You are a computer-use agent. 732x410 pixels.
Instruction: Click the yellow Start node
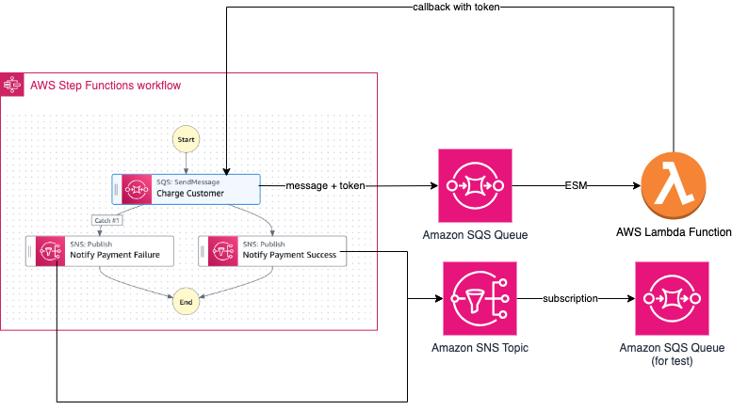click(186, 139)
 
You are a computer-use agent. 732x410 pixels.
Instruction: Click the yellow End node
click(186, 302)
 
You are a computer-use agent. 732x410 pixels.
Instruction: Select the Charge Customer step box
click(186, 189)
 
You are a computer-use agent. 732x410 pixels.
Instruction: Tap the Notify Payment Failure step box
click(100, 251)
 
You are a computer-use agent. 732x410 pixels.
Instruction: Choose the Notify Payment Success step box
click(272, 251)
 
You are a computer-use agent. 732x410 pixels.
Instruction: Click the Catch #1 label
click(106, 220)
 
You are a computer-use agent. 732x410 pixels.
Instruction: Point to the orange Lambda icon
click(673, 185)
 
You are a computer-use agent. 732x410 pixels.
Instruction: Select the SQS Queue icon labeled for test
click(673, 298)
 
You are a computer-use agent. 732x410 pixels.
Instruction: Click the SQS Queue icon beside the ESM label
click(475, 185)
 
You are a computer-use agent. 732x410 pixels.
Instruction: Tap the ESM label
click(575, 186)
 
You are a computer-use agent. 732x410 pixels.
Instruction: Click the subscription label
click(570, 299)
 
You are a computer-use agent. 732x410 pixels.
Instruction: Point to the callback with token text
click(456, 8)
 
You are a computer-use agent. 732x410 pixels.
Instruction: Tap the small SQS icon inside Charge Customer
click(137, 189)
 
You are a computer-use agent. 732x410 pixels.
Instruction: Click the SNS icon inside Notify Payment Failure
click(50, 251)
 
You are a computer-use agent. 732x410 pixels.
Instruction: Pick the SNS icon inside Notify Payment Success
click(222, 251)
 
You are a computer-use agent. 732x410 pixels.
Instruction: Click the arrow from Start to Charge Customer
click(186, 163)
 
